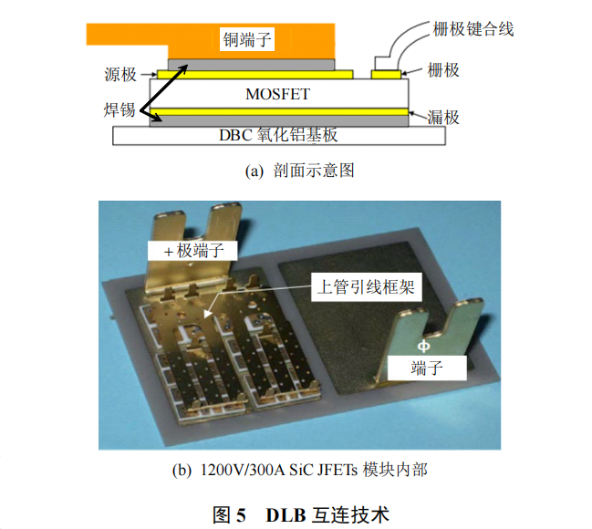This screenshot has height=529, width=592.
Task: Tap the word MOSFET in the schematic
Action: (278, 94)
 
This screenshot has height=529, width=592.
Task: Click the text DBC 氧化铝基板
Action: (278, 135)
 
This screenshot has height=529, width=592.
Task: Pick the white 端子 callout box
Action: (426, 368)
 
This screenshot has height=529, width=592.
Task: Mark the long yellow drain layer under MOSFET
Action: (278, 112)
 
